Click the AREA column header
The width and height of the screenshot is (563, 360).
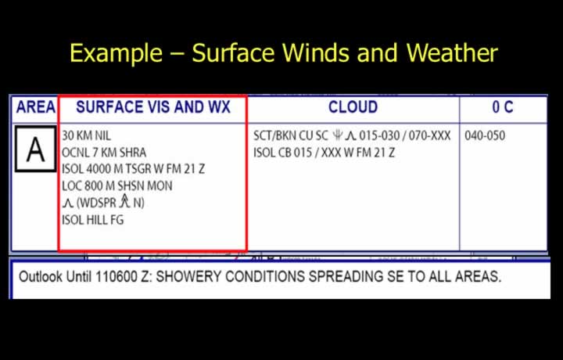(x=35, y=107)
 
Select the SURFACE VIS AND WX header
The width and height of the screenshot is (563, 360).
(x=153, y=107)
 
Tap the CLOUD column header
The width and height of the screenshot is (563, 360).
(x=353, y=107)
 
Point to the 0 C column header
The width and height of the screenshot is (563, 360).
(x=503, y=107)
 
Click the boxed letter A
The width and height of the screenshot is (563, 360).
(x=35, y=149)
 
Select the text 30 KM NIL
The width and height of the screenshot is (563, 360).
(x=87, y=136)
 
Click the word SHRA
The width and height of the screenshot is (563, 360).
(x=133, y=153)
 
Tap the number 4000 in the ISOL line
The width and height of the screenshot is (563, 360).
(x=99, y=169)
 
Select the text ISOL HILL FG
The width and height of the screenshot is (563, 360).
(x=92, y=220)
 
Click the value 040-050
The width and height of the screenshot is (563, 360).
(x=485, y=136)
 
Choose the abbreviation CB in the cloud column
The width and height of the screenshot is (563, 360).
(x=285, y=153)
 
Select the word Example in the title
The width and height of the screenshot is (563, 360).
(x=116, y=53)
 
